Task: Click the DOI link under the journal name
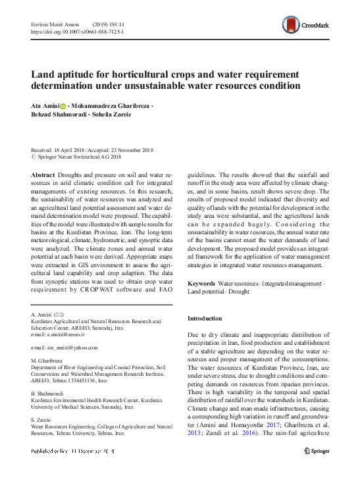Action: tap(75, 30)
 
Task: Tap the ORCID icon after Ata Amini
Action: tap(63, 105)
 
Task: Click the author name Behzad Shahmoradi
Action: tap(57, 115)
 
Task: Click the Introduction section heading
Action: tap(205, 319)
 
